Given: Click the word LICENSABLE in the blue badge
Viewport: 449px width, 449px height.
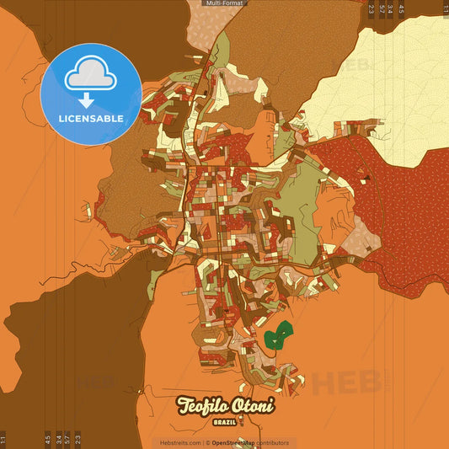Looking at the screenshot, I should tap(91, 118).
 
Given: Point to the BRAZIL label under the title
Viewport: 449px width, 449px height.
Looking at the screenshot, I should tap(224, 421).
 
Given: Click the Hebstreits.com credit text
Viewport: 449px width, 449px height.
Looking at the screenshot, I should tap(180, 442).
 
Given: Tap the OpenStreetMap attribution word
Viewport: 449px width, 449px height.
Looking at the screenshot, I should tap(233, 442).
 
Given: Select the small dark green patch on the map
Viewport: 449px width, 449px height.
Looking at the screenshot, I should tap(277, 336).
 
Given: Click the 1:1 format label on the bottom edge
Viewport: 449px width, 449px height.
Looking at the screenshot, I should tap(4, 439).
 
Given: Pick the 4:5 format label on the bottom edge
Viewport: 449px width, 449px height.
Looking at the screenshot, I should tap(48, 439).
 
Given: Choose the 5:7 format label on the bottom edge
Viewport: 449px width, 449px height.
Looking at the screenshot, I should tap(68, 439).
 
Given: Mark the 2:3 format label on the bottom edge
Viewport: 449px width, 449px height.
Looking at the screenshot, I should tap(78, 439).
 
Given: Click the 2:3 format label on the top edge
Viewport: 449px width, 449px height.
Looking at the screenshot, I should tap(371, 9).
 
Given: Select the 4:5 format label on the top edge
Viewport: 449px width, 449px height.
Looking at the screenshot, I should tap(401, 9).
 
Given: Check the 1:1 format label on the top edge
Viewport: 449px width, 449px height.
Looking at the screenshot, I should tap(445, 9).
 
